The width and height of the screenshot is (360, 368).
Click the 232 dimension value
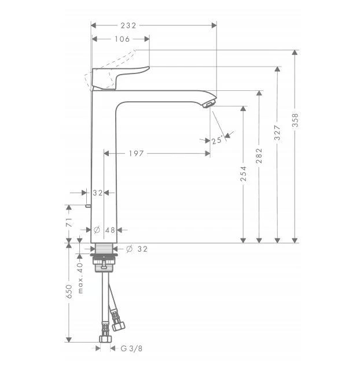(x=128, y=25)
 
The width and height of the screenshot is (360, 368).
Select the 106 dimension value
(x=122, y=39)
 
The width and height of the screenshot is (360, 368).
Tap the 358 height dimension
(x=295, y=120)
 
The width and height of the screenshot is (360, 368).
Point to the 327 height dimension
(x=277, y=133)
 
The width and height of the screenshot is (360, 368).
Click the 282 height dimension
(x=259, y=156)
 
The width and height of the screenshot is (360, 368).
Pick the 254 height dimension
(x=243, y=174)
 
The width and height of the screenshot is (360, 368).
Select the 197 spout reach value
(x=136, y=153)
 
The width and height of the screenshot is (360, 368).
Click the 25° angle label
(x=216, y=141)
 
